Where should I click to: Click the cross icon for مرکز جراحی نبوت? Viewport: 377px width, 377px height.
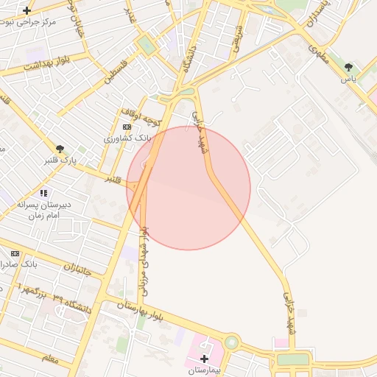(x=27, y=10)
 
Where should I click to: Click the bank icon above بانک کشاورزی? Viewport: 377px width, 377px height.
(x=127, y=127)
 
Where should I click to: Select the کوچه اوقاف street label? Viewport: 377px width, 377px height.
(x=142, y=115)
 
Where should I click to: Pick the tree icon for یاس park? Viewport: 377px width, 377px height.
(x=348, y=67)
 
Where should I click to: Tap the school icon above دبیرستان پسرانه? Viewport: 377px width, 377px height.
(x=43, y=193)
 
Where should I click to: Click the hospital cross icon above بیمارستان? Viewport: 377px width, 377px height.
(x=204, y=358)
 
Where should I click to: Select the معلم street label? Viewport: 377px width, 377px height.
(x=50, y=358)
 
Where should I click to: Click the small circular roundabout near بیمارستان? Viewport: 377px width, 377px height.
(x=232, y=342)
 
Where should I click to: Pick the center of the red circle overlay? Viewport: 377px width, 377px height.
(x=188, y=188)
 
